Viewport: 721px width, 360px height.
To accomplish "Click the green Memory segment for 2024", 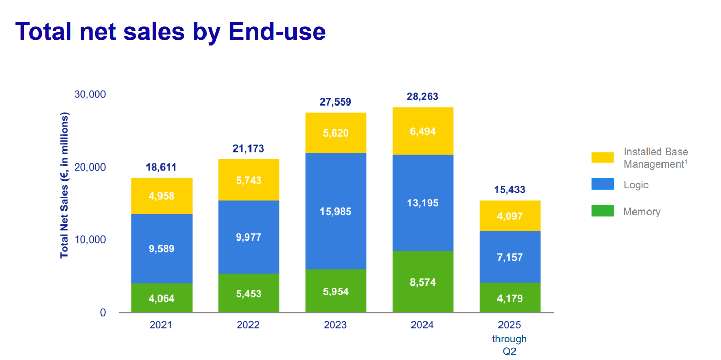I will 423,282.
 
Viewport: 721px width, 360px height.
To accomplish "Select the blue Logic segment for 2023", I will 336,211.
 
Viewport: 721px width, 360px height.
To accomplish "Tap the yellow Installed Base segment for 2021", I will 161,196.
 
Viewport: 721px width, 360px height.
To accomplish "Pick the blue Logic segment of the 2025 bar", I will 510,257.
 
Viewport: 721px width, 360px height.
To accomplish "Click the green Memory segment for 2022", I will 248,293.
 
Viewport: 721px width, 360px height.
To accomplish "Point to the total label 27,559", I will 335,102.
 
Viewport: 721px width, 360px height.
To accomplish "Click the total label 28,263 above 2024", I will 422,97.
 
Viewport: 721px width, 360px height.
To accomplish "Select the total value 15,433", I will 509,190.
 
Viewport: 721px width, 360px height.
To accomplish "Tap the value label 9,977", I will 248,237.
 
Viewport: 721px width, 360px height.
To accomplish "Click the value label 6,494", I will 423,132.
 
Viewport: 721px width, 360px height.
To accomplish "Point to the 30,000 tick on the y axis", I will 90,94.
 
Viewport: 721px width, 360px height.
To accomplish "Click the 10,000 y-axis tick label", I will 90,240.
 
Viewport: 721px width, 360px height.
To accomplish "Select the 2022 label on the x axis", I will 248,325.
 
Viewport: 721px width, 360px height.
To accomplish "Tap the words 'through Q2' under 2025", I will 509,345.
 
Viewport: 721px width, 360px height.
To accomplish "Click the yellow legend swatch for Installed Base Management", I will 602,158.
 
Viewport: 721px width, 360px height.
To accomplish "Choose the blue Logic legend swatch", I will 602,185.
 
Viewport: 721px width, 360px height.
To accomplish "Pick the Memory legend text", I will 642,212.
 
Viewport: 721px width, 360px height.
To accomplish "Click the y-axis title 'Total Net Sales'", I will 64,186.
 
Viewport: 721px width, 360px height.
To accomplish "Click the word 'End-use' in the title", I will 277,32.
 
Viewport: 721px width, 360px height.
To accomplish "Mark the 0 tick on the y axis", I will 102,312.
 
